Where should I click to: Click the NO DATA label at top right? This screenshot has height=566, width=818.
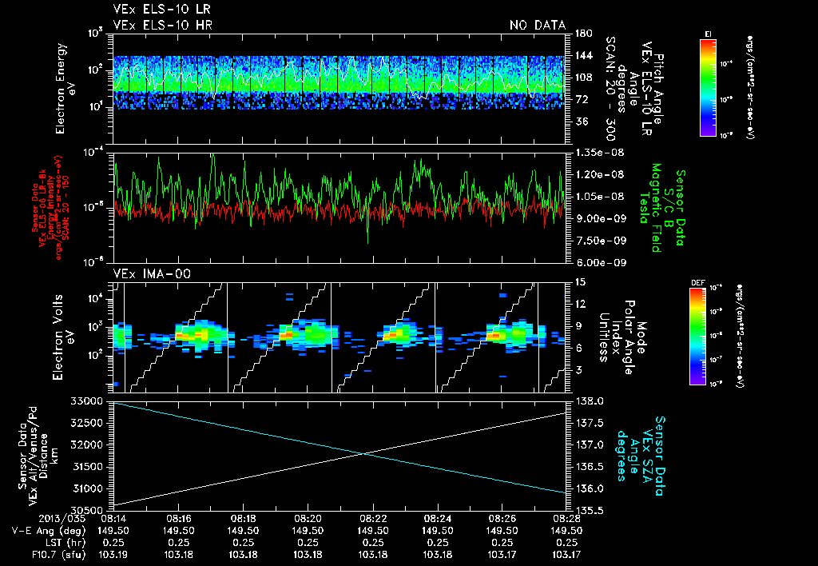click(537, 25)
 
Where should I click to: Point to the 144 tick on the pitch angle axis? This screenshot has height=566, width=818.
click(582, 56)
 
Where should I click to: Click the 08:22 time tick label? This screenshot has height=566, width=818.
click(373, 518)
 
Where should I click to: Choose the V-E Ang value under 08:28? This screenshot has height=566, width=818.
click(566, 530)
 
